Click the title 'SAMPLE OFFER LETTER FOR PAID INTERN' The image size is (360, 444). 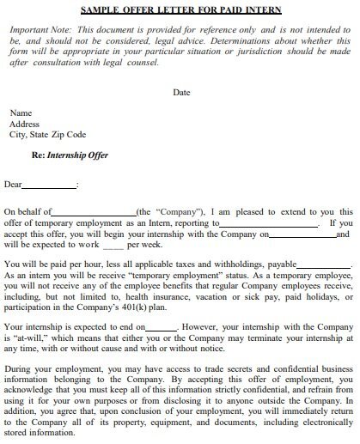(180, 10)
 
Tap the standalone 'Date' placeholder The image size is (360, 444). (181, 92)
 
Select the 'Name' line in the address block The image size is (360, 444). (21, 113)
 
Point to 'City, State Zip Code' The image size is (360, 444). (47, 134)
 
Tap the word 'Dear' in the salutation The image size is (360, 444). (13, 184)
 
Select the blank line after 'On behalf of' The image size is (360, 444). (95, 212)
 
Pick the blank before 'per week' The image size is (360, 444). (113, 245)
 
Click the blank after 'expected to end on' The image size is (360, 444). (162, 328)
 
